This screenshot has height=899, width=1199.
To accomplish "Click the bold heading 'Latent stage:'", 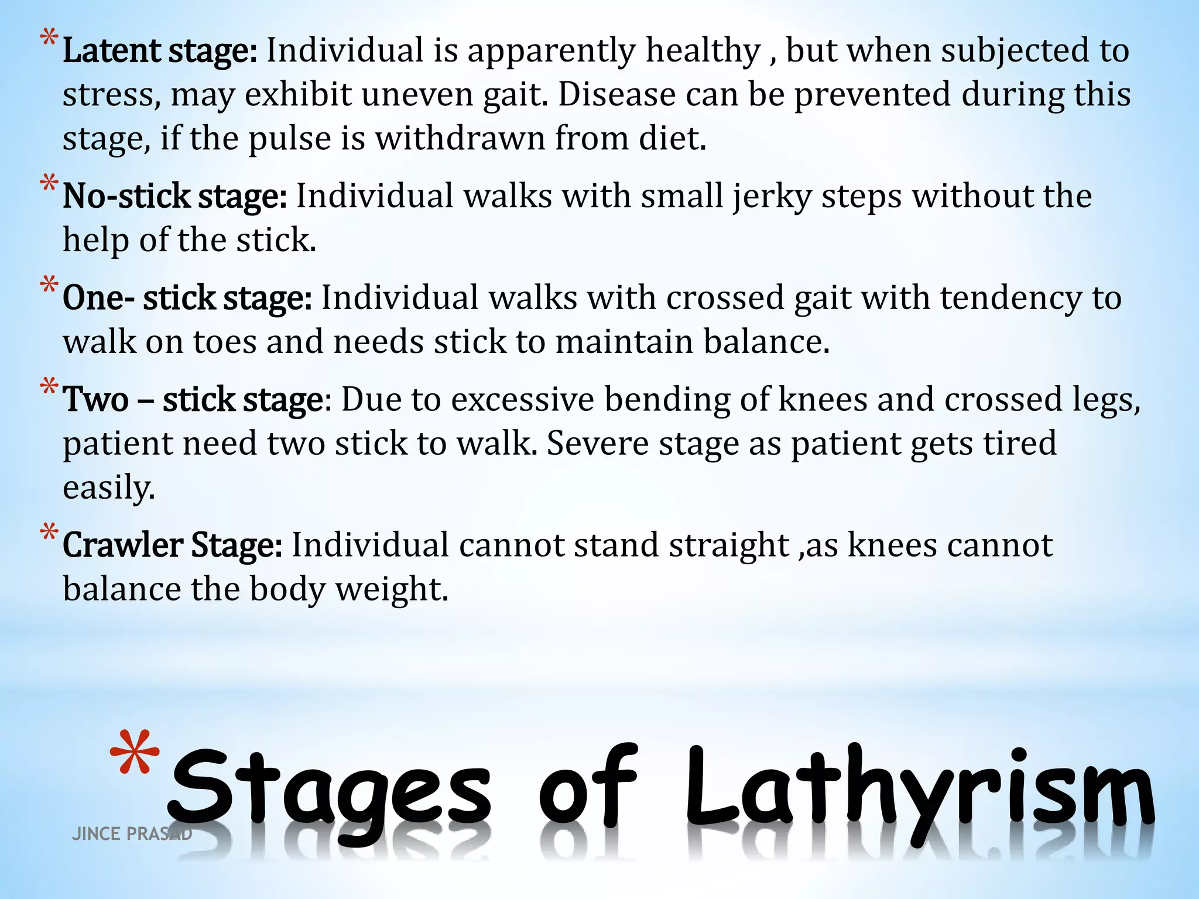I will [x=159, y=51].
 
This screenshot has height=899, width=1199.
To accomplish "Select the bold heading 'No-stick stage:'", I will [x=174, y=196].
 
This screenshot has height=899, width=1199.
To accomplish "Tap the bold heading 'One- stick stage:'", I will [x=187, y=298].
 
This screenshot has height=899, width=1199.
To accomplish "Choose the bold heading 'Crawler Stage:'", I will [x=172, y=545].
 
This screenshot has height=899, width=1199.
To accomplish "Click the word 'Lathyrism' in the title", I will [x=919, y=790].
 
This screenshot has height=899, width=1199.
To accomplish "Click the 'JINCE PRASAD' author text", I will [x=132, y=834].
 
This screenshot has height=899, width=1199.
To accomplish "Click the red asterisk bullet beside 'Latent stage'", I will [x=49, y=41].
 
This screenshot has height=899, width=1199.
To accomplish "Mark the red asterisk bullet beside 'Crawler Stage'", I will [x=49, y=534].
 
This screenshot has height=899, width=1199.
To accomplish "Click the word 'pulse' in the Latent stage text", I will [x=290, y=139].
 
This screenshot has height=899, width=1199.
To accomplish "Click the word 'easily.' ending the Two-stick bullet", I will [x=109, y=488].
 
